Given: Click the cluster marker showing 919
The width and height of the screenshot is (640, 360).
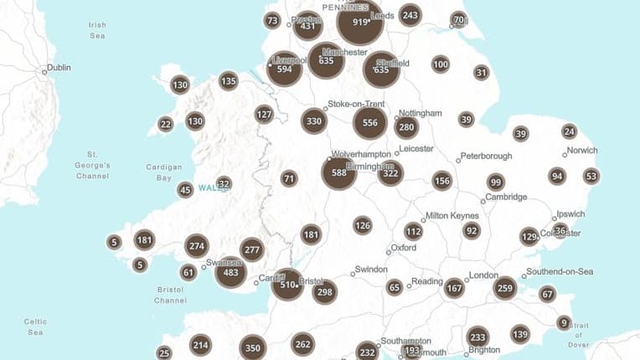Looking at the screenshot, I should [x=360, y=23].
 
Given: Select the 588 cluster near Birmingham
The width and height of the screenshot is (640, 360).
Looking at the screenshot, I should [x=339, y=173].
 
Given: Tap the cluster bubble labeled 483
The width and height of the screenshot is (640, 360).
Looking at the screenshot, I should [x=230, y=273].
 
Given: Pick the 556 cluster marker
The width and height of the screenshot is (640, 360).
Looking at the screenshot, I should [x=370, y=122].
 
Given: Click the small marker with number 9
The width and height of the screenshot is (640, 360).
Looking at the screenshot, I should [x=564, y=323].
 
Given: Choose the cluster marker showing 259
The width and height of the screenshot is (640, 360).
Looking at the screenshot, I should [x=504, y=288].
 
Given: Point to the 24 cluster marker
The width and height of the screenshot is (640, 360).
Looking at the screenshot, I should [x=570, y=131].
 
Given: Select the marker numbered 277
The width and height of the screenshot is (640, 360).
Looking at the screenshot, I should [x=251, y=249].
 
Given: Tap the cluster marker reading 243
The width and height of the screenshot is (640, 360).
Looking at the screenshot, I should [x=410, y=15].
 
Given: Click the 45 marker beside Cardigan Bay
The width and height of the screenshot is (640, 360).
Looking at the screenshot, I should [x=185, y=190].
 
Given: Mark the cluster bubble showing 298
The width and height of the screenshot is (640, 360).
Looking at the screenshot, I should [x=325, y=291].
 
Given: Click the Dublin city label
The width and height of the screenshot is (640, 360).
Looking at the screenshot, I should [x=59, y=68].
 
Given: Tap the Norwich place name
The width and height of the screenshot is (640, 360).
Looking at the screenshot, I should [x=582, y=151].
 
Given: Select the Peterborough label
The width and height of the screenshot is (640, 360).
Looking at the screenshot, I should [x=487, y=156].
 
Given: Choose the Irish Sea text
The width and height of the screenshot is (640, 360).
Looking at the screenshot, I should [x=97, y=30].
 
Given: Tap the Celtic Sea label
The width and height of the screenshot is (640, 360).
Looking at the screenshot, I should [x=35, y=327].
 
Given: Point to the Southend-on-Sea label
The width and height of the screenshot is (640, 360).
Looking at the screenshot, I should [x=560, y=272].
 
